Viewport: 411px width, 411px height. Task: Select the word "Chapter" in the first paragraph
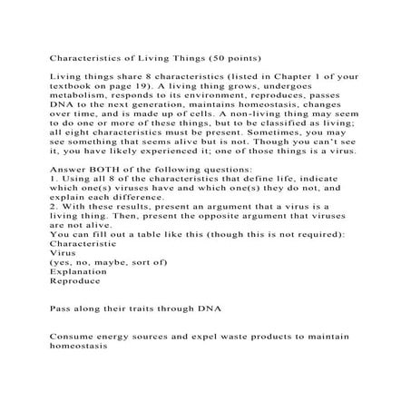286,79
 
